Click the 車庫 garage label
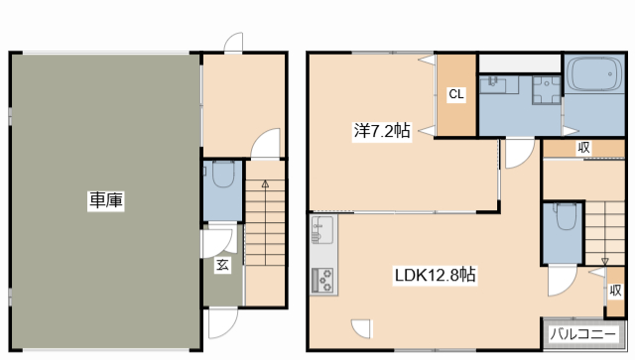pos(106,199)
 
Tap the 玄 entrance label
pos(222,265)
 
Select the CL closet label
pos(456,94)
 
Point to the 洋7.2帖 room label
pos(382,131)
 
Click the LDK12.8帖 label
pos(435,275)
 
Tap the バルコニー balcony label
pos(582,334)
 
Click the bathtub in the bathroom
pos(593,74)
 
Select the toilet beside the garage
pos(223,175)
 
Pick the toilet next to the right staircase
pos(567,216)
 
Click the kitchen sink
pos(322,230)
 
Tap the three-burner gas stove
pos(322,280)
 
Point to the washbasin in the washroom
pos(493,85)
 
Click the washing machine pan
pos(547,90)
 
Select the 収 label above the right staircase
pos(583,148)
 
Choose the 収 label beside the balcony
pos(615,291)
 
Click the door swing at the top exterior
pos(234,43)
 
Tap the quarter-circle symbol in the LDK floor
pos(361,328)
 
